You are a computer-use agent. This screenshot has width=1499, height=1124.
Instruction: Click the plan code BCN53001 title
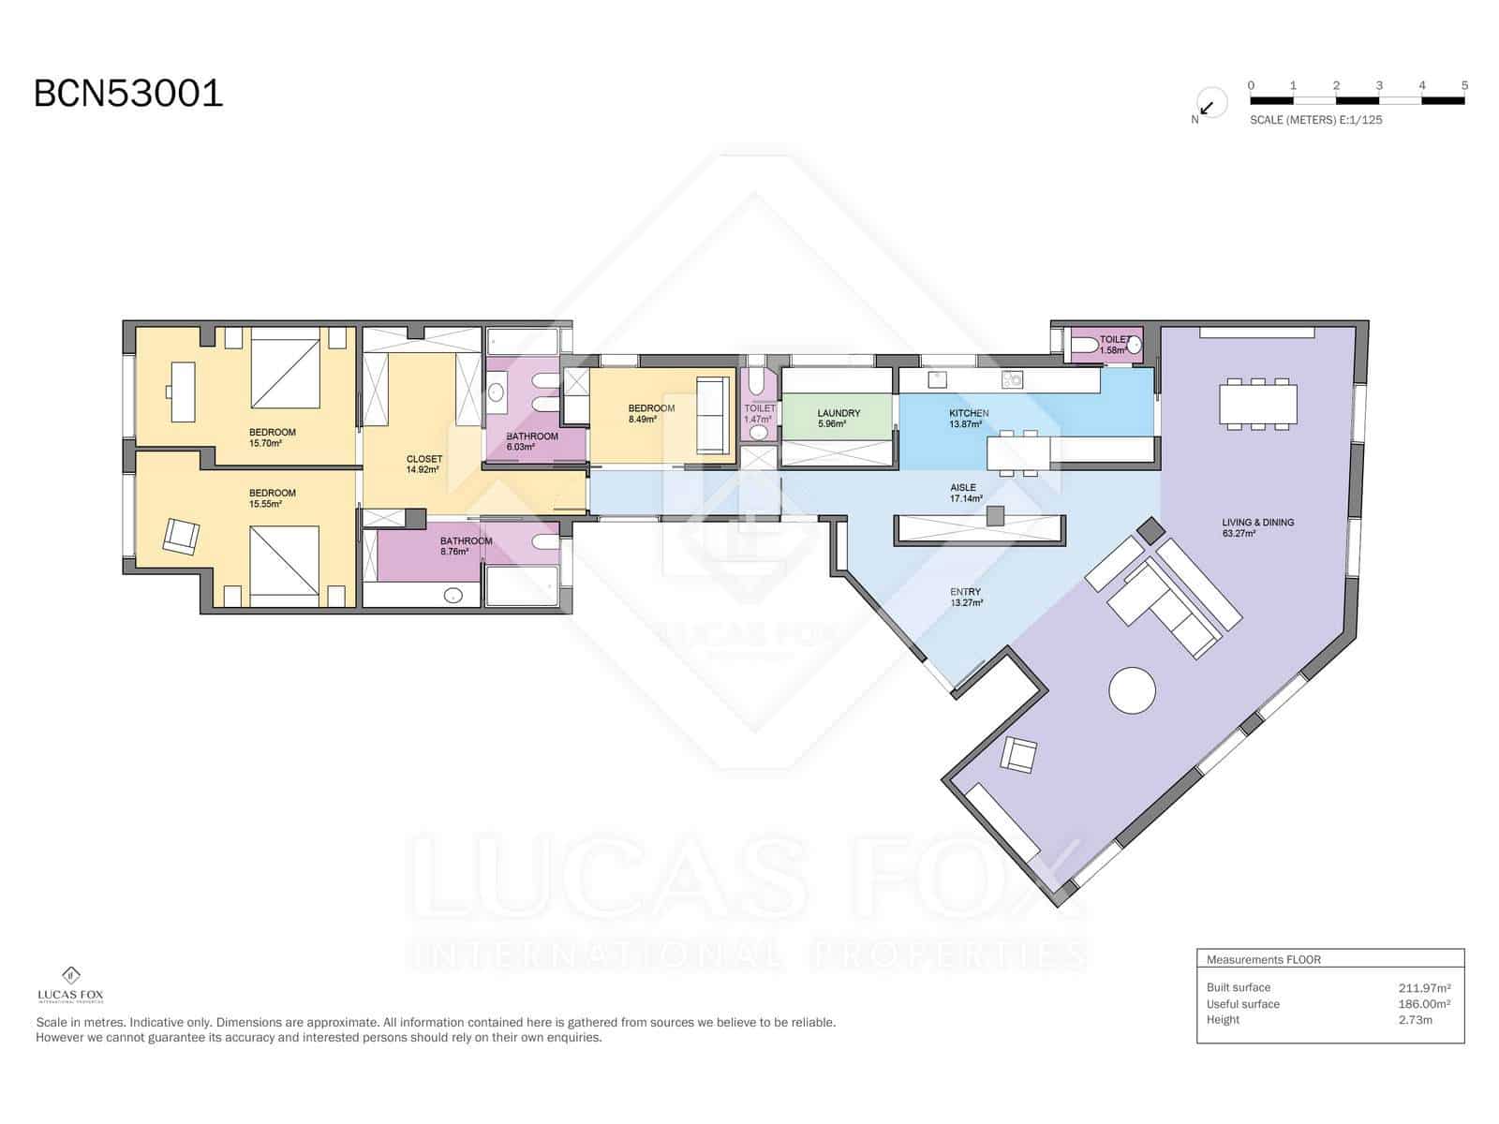[128, 94]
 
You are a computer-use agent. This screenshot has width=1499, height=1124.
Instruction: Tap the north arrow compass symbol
[1210, 105]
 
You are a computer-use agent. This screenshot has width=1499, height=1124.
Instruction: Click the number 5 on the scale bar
[1464, 85]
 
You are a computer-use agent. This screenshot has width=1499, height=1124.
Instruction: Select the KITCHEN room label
[969, 413]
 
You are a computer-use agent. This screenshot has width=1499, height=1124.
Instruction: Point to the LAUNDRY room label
[839, 413]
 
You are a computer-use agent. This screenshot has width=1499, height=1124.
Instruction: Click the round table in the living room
[1132, 691]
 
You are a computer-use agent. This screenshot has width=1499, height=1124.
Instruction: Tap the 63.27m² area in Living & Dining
[1239, 534]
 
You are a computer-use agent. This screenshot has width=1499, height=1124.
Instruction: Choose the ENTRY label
[965, 592]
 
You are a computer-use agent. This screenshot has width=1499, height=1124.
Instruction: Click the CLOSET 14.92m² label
[423, 464]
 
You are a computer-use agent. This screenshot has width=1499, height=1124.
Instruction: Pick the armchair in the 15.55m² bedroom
[181, 536]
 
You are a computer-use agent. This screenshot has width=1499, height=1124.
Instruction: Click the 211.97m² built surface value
[1424, 987]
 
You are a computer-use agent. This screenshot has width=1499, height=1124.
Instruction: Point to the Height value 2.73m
[1415, 1020]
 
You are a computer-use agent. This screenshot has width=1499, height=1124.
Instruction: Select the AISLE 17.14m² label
[965, 493]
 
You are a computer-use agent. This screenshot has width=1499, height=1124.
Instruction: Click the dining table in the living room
[1258, 405]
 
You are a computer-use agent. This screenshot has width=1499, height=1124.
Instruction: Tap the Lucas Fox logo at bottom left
[70, 983]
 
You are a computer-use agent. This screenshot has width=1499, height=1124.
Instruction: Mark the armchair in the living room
[1019, 755]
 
